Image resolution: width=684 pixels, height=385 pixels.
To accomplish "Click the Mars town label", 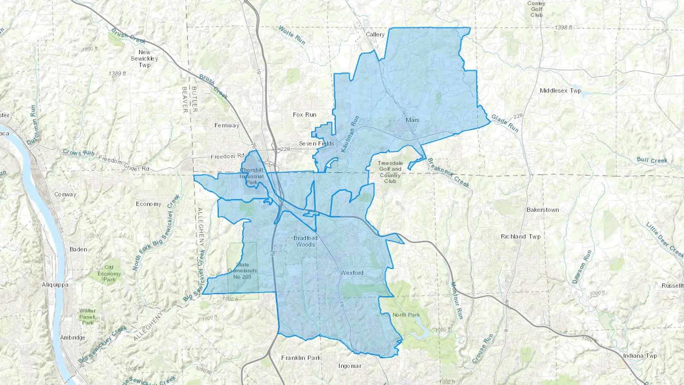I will pos(412,120).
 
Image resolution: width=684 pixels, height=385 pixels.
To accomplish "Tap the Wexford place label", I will pos(352,273).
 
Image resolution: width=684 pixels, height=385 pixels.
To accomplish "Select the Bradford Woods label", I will pos(306,241).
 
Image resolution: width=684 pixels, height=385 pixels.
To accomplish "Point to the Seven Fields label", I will pos(317,144).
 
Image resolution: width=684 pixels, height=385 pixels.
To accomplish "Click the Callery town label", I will pos(375,35).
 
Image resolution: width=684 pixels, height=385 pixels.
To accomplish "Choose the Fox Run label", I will pos(304,114).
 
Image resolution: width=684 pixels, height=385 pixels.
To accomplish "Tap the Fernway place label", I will pos(227,125).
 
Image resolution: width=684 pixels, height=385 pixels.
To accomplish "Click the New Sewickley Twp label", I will pos(144,59).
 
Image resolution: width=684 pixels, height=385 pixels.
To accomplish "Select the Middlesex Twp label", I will pos(560,91).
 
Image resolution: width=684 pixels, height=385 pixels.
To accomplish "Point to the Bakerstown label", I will pos(543,210).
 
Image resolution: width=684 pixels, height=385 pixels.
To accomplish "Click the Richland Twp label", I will pos(521,236).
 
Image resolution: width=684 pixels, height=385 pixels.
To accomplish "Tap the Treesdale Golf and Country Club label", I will pos(390,172).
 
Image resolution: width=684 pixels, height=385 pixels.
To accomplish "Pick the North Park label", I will pos(406,315).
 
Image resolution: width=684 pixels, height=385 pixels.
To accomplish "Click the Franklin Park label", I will pos(301,358).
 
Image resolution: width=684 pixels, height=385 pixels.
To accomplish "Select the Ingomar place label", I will pos(350,366).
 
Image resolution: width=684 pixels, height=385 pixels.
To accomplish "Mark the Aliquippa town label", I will pos(55,285).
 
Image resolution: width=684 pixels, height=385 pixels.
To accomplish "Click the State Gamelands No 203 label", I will pos(242,271).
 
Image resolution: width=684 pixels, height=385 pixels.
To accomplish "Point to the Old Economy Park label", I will pos(109,274).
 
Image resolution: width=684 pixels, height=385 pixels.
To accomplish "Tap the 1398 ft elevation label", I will pos(564,28).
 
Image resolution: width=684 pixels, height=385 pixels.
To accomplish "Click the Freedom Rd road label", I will pos(228,156).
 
